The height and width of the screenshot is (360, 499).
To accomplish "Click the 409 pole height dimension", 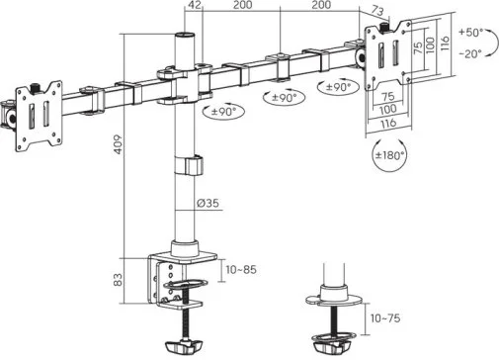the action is point(119,144).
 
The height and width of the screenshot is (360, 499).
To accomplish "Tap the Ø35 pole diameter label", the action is point(208,203).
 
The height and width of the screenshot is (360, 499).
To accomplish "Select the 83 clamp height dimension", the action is point(118,280).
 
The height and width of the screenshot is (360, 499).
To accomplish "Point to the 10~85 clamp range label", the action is point(241,270).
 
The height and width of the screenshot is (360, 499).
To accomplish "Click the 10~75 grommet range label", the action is point(385,318).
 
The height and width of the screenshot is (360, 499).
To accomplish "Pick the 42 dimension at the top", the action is point(195,5).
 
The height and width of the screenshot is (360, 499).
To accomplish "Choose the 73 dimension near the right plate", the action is point(377,11).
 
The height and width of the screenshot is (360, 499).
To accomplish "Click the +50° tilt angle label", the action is point(471,33).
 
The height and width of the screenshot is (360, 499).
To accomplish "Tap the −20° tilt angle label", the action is point(470,53).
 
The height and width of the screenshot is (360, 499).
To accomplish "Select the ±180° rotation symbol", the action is point(389,155).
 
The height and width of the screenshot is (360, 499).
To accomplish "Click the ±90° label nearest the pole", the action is point(224,112).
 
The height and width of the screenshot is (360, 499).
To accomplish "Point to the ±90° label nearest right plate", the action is point(338,87).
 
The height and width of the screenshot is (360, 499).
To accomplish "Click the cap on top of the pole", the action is point(185,36).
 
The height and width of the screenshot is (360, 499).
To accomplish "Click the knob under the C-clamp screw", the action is point(183,346).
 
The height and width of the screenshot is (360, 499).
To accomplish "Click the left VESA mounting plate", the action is point(39,116).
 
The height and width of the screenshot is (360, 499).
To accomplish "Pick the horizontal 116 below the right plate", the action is point(388,124).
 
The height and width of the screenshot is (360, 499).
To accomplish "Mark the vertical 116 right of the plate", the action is point(445,43).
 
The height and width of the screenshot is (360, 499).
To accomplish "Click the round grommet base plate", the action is point(334,301).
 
